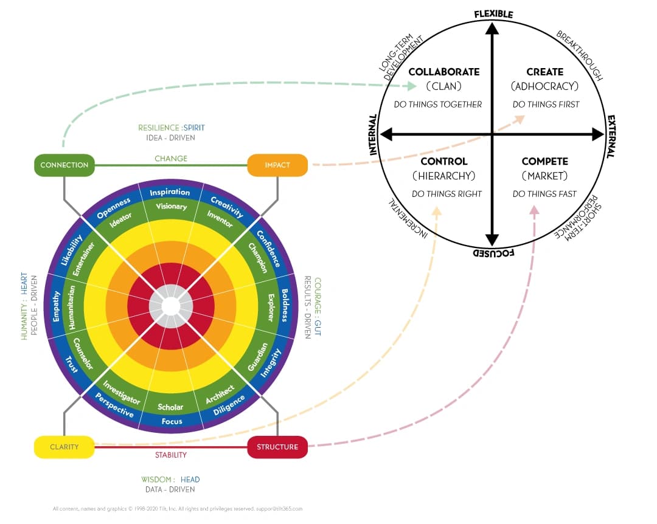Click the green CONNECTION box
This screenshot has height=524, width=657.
[x=64, y=165]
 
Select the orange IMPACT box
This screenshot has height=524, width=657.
[x=277, y=165]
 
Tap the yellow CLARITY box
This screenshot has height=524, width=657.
[x=64, y=447]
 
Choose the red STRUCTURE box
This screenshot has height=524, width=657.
[x=277, y=447]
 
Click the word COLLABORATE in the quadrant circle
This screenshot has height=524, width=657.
[x=444, y=72]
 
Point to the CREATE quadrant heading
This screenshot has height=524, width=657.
[x=544, y=72]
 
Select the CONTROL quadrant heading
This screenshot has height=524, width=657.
[x=443, y=161]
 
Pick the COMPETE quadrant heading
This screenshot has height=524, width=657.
[x=544, y=161]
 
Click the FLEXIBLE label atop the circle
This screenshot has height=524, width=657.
[x=493, y=14]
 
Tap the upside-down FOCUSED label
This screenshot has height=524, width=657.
[x=493, y=253]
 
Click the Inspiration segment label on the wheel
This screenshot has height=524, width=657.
[x=170, y=192]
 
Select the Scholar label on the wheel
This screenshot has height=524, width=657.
[x=170, y=407]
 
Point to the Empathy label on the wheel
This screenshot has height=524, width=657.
[x=56, y=306]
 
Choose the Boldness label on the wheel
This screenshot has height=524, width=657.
[x=285, y=305]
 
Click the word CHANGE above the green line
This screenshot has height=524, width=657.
[x=171, y=158]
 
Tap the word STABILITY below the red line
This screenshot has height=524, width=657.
[x=171, y=455]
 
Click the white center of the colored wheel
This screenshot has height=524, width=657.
[x=170, y=306]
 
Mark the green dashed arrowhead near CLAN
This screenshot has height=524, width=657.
[x=412, y=86]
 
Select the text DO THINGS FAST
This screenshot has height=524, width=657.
[x=544, y=194]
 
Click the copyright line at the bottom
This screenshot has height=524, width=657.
[x=178, y=509]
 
